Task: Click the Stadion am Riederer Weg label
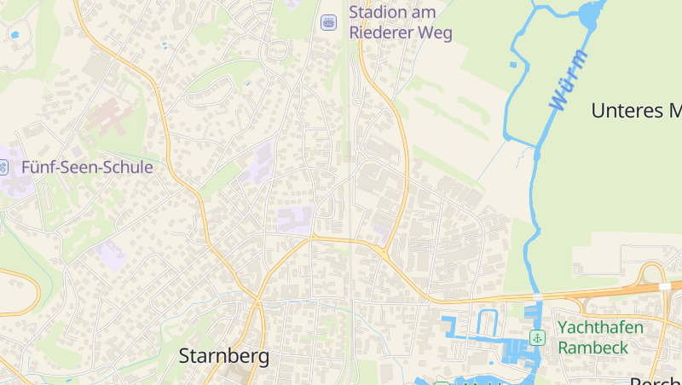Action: [400, 23]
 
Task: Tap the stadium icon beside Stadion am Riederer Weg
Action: [328, 23]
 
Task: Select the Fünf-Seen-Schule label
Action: [87, 167]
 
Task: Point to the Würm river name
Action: [568, 79]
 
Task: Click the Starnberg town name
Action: [223, 356]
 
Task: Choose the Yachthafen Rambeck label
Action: [600, 337]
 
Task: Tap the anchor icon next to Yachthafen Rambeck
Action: [537, 337]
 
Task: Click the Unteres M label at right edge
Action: [636, 111]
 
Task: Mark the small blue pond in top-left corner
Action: [14, 35]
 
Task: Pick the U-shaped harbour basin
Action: [487, 324]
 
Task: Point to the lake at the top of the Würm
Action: [592, 14]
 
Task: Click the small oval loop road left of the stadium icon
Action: [276, 51]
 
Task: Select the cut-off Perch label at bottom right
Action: [656, 379]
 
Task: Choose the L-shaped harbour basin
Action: [453, 329]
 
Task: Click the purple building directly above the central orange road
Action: [295, 220]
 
